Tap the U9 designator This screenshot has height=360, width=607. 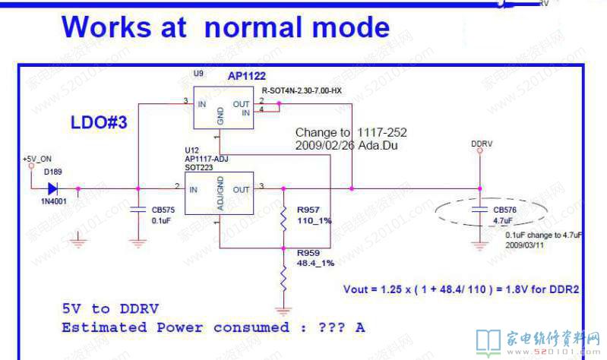point(198,74)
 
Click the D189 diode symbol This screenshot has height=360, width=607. point(52,188)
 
